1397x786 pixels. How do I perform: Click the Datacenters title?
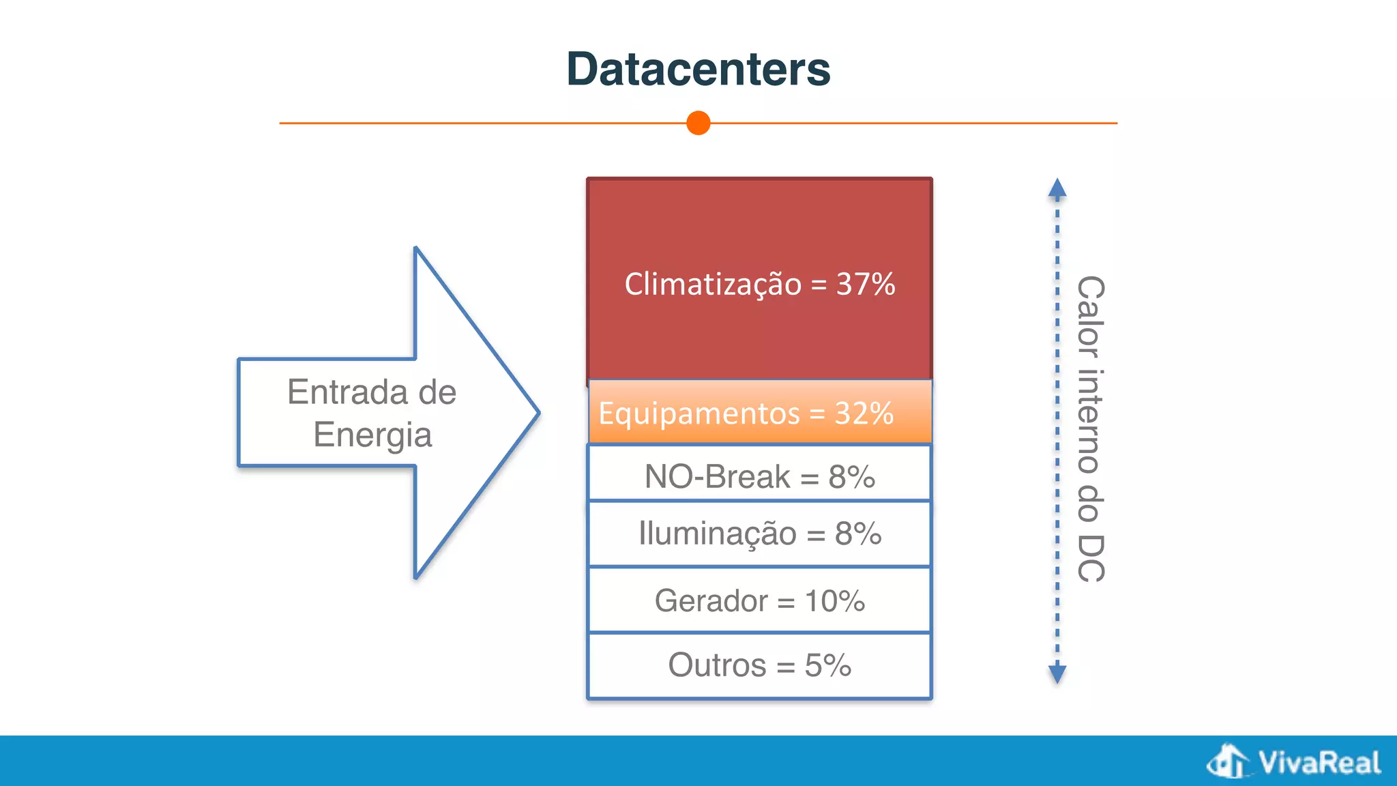(698, 70)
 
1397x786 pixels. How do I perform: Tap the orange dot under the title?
(698, 123)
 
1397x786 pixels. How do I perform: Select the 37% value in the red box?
(866, 284)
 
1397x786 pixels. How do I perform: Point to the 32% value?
(864, 413)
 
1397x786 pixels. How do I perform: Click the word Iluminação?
(717, 533)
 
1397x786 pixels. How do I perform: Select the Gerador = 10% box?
(759, 600)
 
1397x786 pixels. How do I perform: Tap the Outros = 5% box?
(759, 665)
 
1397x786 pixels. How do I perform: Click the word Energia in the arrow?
(372, 435)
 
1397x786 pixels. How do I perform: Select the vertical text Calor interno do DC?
(1090, 428)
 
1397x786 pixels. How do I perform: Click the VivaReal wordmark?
(1319, 762)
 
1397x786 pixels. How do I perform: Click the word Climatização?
(713, 285)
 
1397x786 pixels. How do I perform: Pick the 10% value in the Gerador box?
(834, 601)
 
